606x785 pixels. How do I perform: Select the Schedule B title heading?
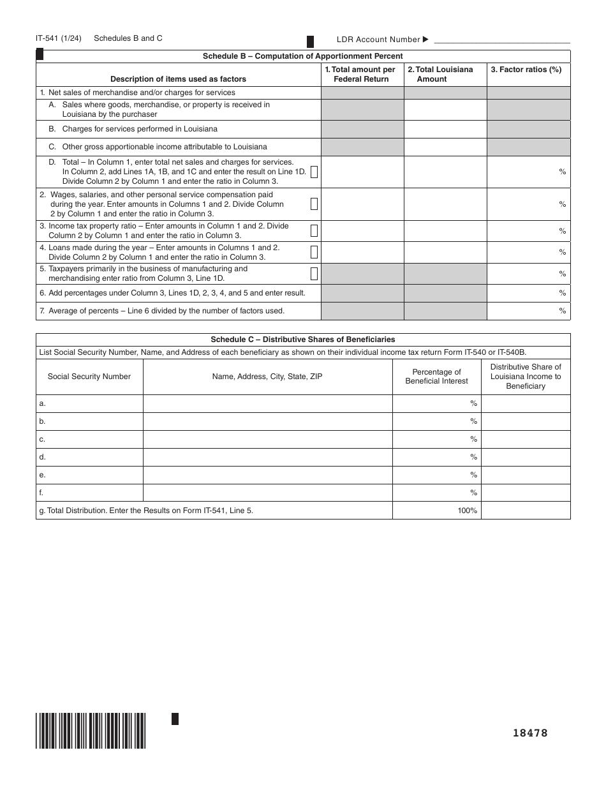coord(302,56)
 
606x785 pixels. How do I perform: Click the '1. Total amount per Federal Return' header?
coord(362,74)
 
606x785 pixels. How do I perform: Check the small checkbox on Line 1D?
coord(314,172)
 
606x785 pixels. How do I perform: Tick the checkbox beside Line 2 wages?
coord(314,204)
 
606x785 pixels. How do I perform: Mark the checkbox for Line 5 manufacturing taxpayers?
coord(314,274)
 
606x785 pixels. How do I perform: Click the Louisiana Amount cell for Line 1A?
coord(445,110)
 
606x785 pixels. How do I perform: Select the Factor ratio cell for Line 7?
coord(528,311)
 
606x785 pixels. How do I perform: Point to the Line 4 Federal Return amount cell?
coord(362,252)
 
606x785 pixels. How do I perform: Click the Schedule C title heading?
coord(302,340)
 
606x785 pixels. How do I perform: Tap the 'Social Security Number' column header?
coord(89,377)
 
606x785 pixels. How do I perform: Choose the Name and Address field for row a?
coord(267,403)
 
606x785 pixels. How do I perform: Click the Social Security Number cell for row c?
coord(89,439)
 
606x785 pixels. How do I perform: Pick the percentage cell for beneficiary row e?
coord(436,475)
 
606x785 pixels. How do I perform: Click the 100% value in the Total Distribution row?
coord(467,511)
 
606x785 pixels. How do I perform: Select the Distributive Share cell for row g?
coord(526,511)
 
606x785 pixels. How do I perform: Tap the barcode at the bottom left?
coord(91,730)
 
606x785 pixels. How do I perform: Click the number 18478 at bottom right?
coord(530,733)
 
